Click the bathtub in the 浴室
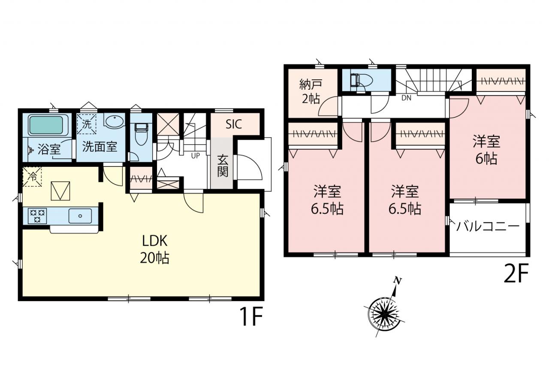click(46, 125)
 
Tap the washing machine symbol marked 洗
click(87, 124)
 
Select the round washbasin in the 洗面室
click(114, 122)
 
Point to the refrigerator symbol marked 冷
click(32, 176)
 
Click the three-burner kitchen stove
click(37, 216)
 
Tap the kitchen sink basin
click(80, 216)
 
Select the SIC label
click(234, 124)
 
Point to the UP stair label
click(195, 156)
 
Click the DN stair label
click(406, 98)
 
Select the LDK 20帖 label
click(155, 249)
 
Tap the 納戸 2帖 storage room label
click(311, 92)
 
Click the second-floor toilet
click(361, 80)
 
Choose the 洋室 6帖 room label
click(486, 150)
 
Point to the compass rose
click(384, 314)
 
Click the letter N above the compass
click(397, 281)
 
